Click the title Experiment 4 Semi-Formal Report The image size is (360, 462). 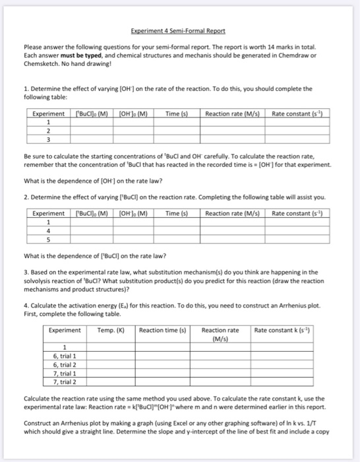(x=178, y=30)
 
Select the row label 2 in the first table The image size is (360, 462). (x=48, y=131)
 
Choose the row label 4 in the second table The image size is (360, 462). (x=48, y=230)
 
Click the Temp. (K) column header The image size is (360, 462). (x=110, y=329)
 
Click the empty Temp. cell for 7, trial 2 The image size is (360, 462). (x=110, y=381)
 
